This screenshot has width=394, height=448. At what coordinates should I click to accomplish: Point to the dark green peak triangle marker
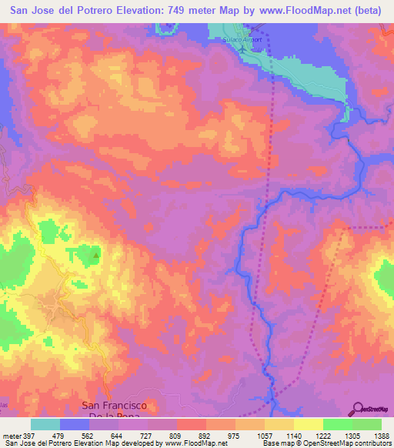pos(95,255)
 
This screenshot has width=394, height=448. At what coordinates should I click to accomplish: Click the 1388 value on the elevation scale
pos(382,436)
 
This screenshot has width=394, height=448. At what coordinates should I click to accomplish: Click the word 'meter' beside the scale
pos(10,436)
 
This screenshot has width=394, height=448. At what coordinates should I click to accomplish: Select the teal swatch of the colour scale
pos(45,424)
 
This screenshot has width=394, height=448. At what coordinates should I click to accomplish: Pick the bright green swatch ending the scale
pos(366,424)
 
